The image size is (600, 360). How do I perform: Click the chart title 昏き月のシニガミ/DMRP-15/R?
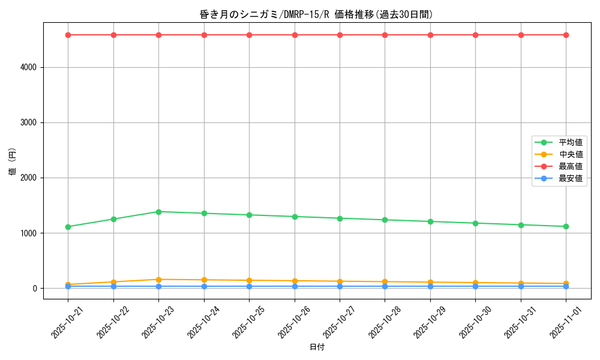316,14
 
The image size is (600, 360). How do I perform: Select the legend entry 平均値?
570,142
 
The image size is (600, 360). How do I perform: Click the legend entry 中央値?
570,154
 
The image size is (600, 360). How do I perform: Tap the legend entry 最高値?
570,166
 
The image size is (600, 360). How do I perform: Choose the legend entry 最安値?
570,178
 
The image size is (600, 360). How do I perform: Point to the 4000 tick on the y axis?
28,67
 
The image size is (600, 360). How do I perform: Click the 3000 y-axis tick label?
28,122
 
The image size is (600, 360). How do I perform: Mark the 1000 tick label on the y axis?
28,233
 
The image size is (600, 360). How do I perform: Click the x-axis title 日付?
317,347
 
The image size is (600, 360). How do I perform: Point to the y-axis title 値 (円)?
13,163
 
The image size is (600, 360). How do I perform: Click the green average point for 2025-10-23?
158,212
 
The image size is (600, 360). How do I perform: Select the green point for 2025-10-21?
68,227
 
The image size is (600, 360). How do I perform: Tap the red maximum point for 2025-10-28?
385,35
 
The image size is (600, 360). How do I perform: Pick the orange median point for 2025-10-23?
158,280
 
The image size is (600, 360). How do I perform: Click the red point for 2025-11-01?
566,35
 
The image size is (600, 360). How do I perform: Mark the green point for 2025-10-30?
475,223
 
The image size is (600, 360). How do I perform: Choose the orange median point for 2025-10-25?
249,281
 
